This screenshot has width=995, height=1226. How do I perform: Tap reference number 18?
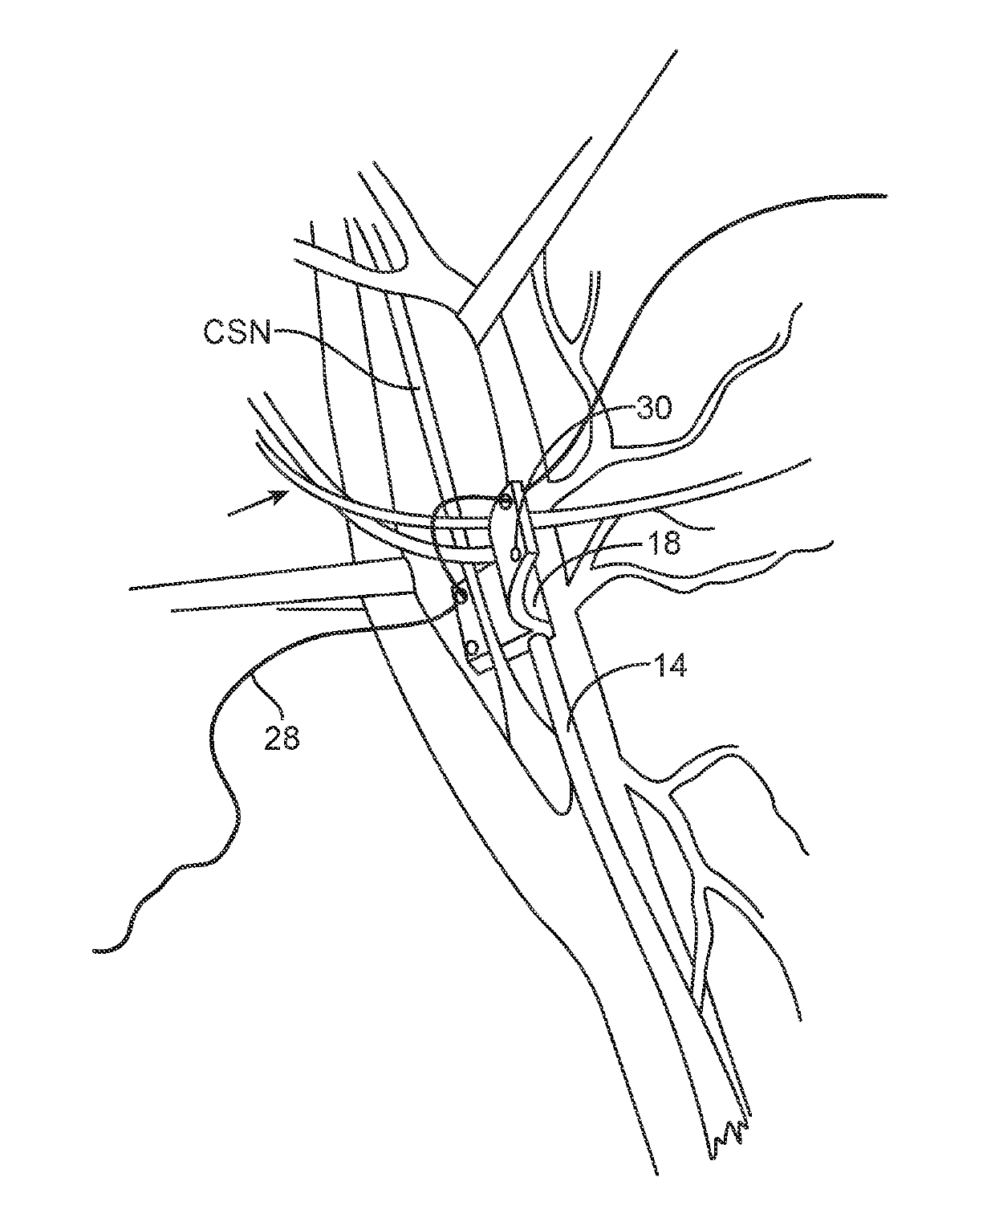pos(661,544)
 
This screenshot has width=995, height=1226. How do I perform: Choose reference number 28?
pos(281,737)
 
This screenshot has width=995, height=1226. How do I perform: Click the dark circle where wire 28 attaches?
pos(460,594)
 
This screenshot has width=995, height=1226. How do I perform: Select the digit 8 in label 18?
pos(671,544)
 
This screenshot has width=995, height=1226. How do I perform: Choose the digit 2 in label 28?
pos(271,737)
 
